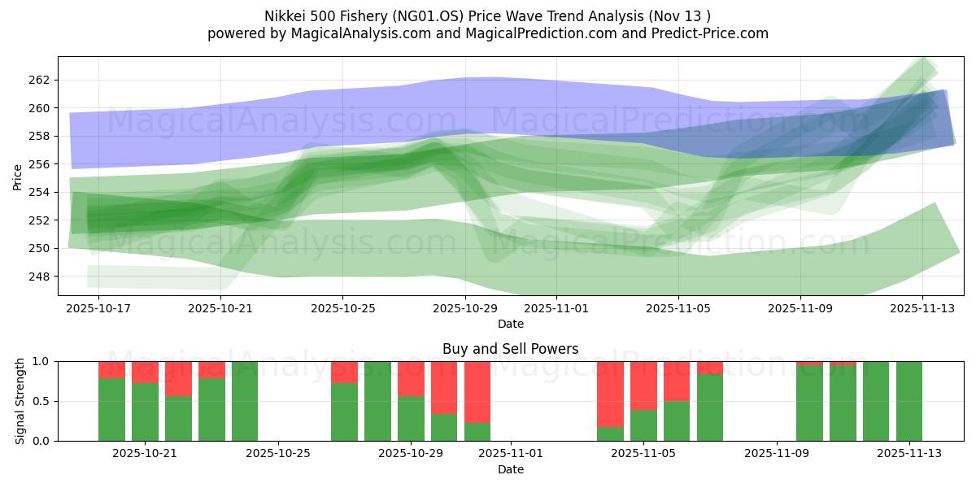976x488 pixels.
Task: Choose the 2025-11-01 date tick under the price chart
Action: tap(556, 308)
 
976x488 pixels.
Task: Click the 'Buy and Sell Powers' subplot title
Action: tap(510, 349)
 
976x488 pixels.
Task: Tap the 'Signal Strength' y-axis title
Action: tap(20, 401)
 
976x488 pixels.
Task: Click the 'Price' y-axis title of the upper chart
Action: tap(17, 176)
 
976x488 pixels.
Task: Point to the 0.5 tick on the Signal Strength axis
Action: tap(41, 401)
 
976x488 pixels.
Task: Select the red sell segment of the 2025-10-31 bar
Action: tap(477, 391)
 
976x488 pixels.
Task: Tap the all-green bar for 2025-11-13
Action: tap(908, 401)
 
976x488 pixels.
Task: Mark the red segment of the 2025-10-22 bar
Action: tap(178, 378)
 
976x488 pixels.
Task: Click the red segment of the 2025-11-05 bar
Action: tap(643, 385)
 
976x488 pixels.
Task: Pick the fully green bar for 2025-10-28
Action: tap(377, 401)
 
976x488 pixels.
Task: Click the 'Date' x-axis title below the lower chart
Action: tap(510, 469)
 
